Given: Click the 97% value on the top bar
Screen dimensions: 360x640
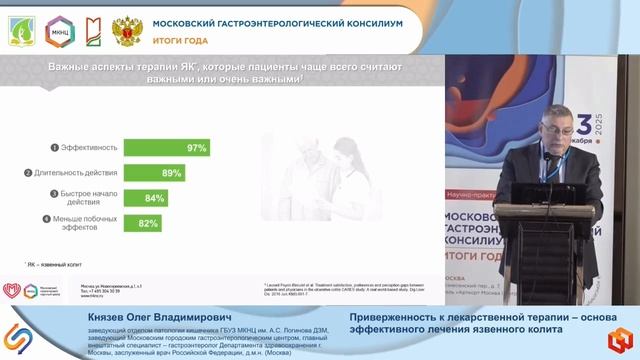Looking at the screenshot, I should tap(196, 148).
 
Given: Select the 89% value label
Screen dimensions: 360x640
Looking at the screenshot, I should tap(172, 173).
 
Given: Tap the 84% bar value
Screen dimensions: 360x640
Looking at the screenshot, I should tap(155, 198).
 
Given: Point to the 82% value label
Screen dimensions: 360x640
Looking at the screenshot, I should tap(149, 222).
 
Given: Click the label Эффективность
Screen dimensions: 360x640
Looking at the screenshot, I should tap(90, 148).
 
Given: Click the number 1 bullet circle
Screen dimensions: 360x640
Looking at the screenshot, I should tap(53, 148).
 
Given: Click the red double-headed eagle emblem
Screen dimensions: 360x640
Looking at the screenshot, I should tap(125, 31).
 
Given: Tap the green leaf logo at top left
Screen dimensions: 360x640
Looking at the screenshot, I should tap(20, 31).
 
